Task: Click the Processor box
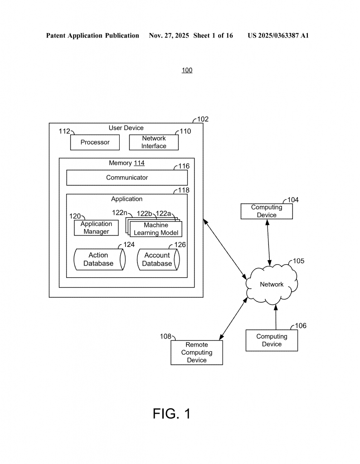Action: pos(95,142)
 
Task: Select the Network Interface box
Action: pos(154,142)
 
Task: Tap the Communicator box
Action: pos(127,178)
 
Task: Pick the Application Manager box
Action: pos(96,227)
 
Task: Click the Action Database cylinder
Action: pos(99,260)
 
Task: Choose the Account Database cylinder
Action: pos(157,260)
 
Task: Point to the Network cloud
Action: pos(271,285)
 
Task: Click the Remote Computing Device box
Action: pos(197,353)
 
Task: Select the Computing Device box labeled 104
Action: pos(267,211)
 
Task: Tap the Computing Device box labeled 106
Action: pos(272,340)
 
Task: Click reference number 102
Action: pos(203,119)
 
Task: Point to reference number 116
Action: pos(184,166)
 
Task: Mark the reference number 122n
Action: pos(120,213)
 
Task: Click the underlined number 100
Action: pos(187,70)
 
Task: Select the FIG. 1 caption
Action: pos(171,414)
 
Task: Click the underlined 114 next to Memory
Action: pos(139,163)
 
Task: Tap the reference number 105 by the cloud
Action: pos(298,261)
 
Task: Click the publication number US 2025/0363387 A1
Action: pos(278,35)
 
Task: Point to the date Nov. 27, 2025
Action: pos(168,35)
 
